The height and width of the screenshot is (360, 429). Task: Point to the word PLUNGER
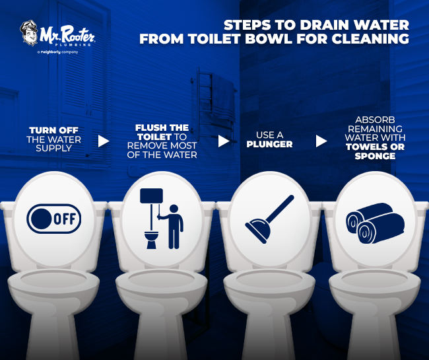pyautogui.click(x=271, y=145)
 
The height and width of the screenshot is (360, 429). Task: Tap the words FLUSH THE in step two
pyautogui.click(x=162, y=127)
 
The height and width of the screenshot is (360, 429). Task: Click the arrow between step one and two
pyautogui.click(x=103, y=141)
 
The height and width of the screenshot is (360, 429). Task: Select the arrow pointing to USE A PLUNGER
pyautogui.click(x=224, y=141)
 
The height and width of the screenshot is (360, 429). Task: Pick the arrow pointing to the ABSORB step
pyautogui.click(x=321, y=141)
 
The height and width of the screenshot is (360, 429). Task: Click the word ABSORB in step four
pyautogui.click(x=374, y=122)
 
